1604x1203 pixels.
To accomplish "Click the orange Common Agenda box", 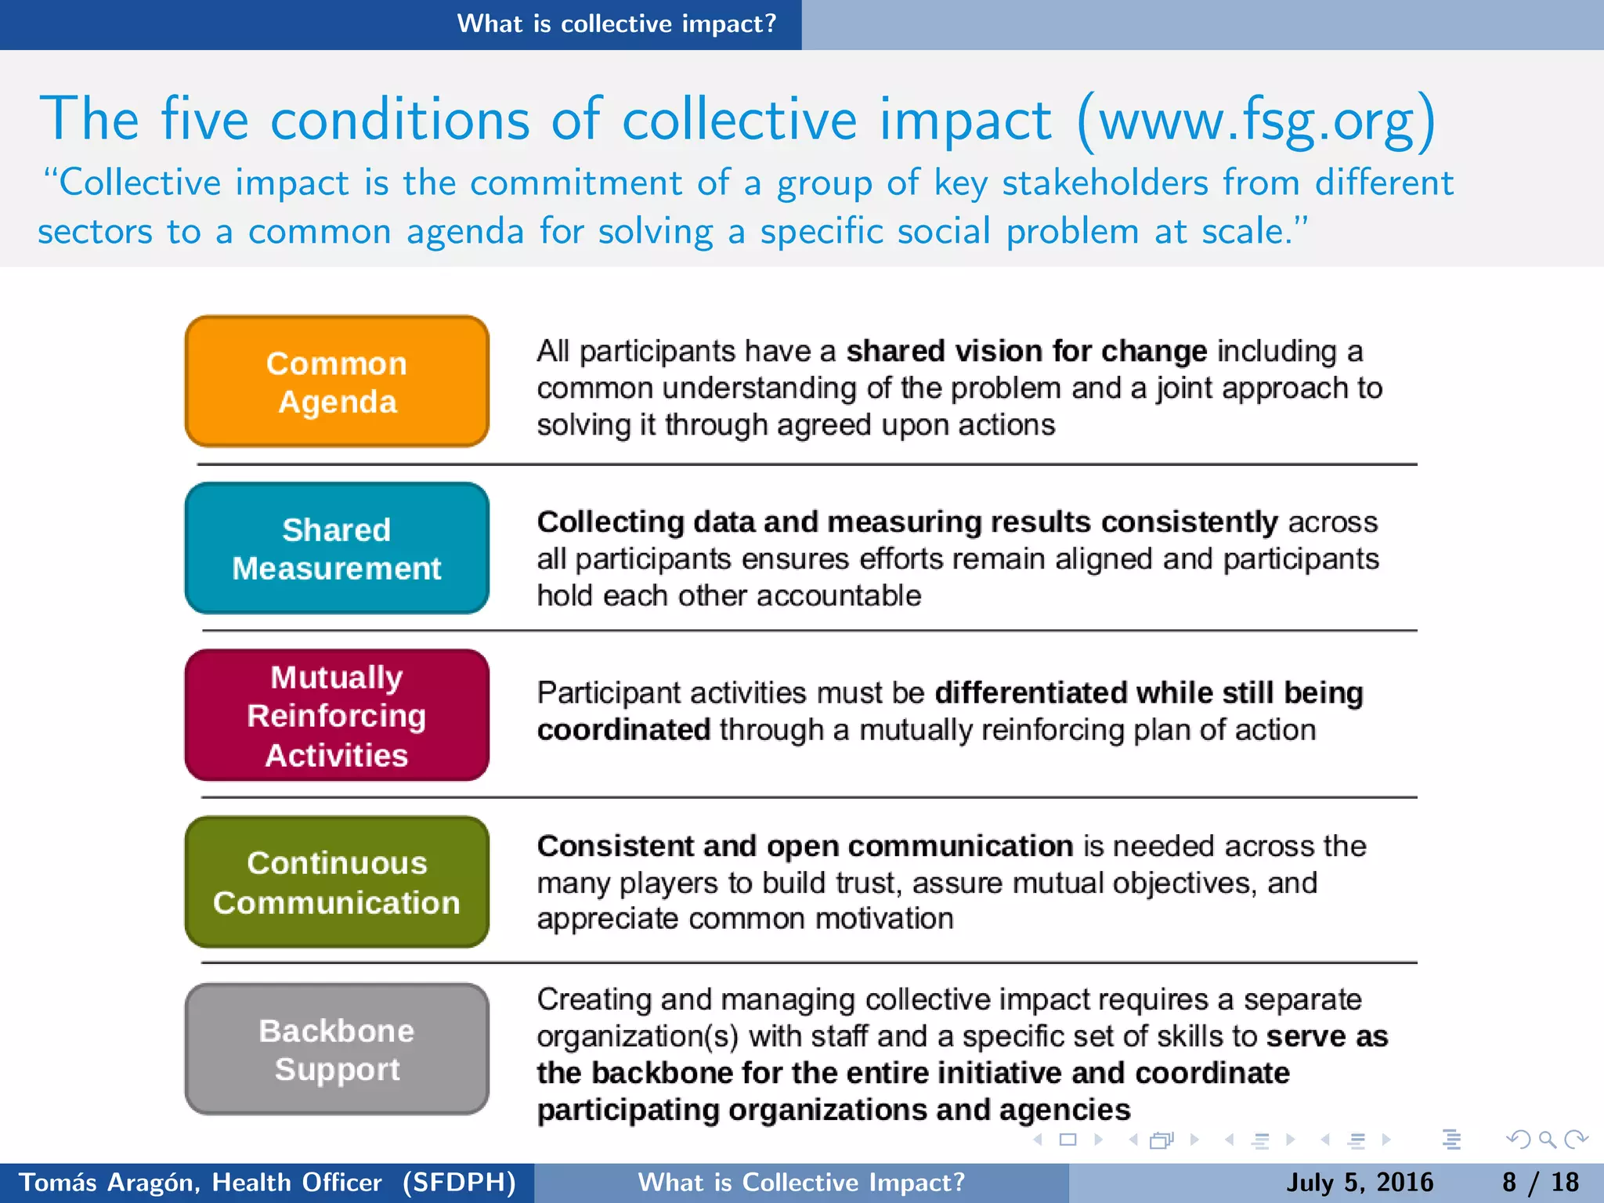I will coord(337,381).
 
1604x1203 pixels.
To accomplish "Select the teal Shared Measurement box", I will coord(337,548).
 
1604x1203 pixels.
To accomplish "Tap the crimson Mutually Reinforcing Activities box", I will coord(337,715).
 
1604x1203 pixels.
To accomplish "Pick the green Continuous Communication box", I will coord(337,882).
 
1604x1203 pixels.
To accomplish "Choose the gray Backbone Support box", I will coord(337,1049).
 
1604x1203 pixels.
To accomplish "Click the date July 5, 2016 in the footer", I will coord(1360,1182).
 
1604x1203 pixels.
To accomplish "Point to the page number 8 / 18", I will coord(1541,1182).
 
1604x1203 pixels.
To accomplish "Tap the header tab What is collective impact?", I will coord(616,23).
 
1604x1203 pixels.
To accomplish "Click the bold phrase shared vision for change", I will coord(1027,352).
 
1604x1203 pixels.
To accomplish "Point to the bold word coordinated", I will coord(623,730).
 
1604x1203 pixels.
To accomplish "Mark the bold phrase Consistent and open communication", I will coord(804,846).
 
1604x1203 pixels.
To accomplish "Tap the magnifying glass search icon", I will coord(1547,1140).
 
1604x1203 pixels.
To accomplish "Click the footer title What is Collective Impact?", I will coord(801,1182).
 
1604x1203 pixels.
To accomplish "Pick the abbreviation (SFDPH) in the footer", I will coord(459,1182).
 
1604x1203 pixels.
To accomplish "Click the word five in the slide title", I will coord(204,120).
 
